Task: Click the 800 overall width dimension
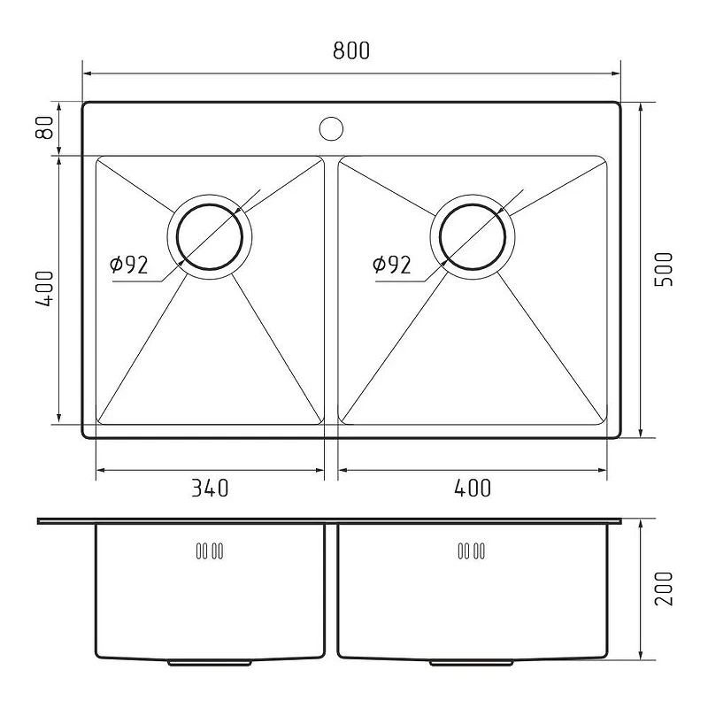click(351, 50)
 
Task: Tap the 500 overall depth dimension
click(664, 269)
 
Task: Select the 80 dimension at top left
click(44, 127)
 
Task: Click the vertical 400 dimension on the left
click(44, 289)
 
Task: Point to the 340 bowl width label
click(210, 489)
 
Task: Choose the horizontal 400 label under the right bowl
click(473, 489)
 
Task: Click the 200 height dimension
click(664, 589)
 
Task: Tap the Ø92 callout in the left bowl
click(128, 265)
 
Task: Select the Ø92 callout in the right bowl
click(391, 265)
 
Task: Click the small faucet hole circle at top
click(331, 117)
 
